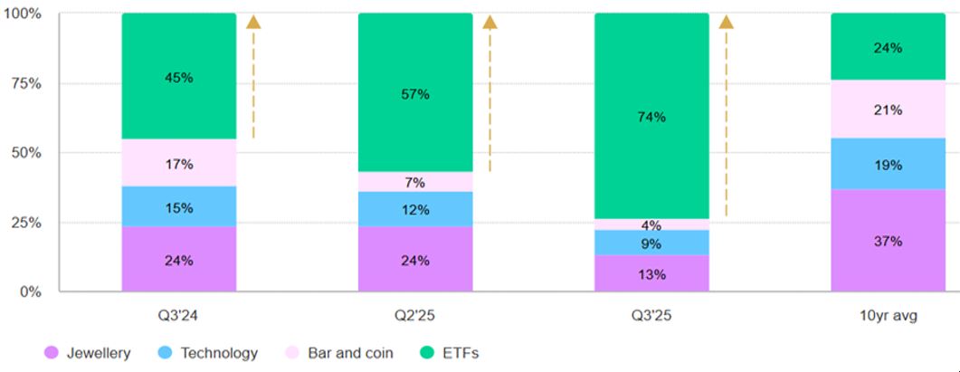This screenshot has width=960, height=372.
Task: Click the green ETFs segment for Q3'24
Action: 178,100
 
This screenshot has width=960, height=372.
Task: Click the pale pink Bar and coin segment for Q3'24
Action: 178,163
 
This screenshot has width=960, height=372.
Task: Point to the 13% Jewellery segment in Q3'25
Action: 651,273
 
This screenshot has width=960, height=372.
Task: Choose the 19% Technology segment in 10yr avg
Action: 888,164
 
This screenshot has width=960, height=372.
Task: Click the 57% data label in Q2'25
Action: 415,95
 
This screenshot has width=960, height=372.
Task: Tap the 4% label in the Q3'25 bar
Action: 651,225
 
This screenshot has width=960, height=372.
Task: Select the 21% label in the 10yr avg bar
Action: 888,110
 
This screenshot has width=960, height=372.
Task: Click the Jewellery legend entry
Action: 88,353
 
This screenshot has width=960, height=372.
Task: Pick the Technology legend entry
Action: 208,353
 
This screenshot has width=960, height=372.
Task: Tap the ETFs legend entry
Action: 450,353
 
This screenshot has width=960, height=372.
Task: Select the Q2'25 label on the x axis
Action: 415,317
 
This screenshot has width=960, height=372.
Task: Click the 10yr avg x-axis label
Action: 888,317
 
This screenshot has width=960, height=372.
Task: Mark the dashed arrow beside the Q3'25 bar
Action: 726,118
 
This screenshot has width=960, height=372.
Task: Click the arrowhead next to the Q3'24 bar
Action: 253,23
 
